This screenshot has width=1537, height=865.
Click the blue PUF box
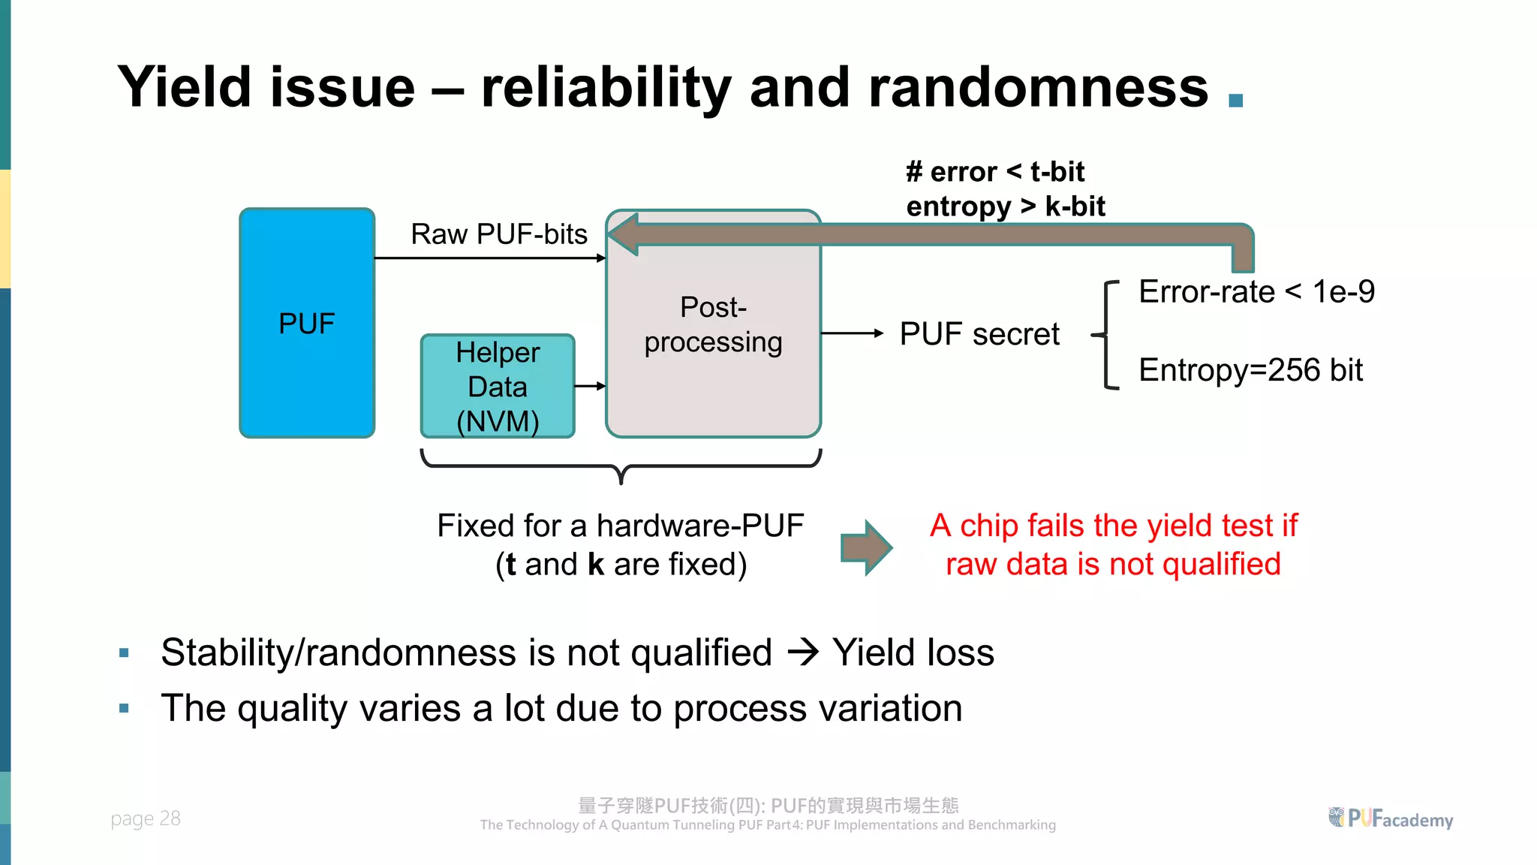point(307,323)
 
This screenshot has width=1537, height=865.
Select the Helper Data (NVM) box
point(498,387)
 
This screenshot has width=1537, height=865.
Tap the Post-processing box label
point(713,324)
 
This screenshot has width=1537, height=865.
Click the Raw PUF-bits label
point(499,234)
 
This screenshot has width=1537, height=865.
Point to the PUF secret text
point(979,334)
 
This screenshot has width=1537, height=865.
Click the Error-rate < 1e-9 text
point(1256,291)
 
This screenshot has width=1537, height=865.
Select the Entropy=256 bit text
point(1250,370)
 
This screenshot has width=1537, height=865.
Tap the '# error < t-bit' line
point(995,172)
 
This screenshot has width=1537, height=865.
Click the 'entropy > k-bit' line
point(1006,206)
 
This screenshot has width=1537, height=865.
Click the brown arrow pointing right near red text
point(867,547)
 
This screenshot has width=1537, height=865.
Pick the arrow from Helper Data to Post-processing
point(590,386)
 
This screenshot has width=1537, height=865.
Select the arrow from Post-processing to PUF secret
point(853,333)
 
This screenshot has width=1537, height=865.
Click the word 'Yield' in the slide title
point(185,88)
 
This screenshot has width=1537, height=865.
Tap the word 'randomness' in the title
point(1039,88)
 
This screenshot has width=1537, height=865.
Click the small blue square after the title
point(1236,100)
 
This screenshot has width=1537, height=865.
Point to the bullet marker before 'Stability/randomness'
point(125,653)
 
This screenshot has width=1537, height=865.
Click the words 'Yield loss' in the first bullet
point(913,653)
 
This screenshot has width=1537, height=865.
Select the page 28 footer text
point(146,818)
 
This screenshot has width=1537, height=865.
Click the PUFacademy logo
point(1391,818)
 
